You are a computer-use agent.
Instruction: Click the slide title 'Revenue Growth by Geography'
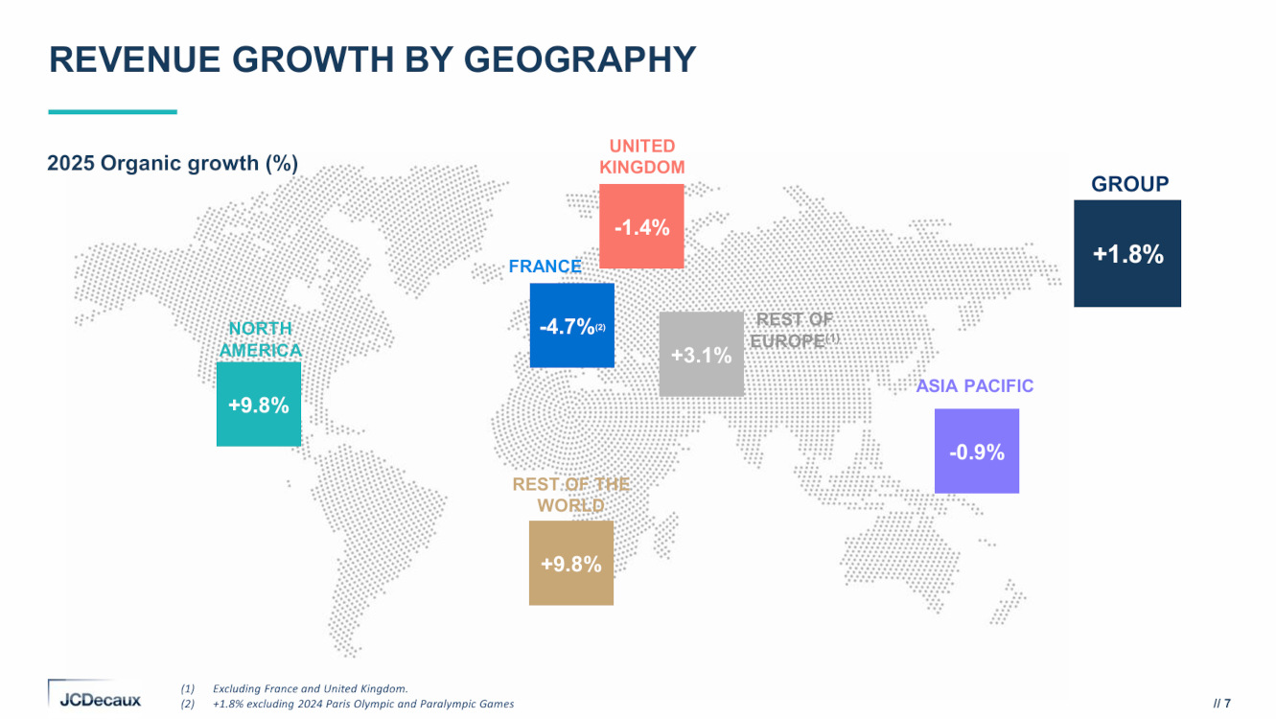[372, 59]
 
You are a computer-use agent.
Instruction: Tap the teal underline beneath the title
[112, 112]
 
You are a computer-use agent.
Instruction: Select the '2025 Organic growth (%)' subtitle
[173, 163]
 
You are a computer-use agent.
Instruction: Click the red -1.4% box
[641, 226]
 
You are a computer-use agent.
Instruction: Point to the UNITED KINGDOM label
[641, 156]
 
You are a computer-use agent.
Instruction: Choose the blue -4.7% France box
[571, 326]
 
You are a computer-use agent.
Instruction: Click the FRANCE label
[545, 267]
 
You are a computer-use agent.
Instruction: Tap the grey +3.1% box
[701, 355]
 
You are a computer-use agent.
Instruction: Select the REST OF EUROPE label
[793, 331]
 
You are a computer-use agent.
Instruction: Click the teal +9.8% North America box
[259, 405]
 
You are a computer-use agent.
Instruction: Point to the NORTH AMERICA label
[259, 339]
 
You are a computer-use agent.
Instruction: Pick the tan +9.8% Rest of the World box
[570, 564]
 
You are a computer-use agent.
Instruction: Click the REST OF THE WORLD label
[570, 495]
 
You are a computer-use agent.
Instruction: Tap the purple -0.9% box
[976, 452]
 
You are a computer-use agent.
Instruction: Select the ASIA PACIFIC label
[975, 386]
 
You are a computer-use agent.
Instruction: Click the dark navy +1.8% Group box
[1127, 253]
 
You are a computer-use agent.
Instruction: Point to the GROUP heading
[1129, 184]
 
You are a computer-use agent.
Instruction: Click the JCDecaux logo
[95, 697]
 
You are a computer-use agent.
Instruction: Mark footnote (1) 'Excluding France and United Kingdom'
[310, 688]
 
